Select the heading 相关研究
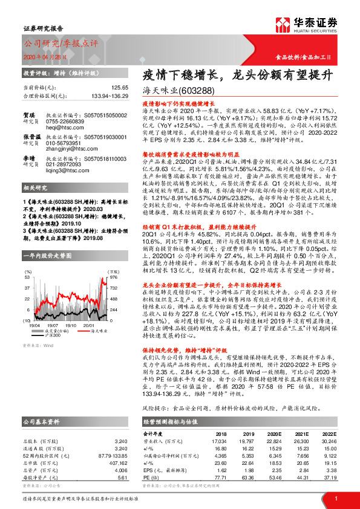pos(37,188)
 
